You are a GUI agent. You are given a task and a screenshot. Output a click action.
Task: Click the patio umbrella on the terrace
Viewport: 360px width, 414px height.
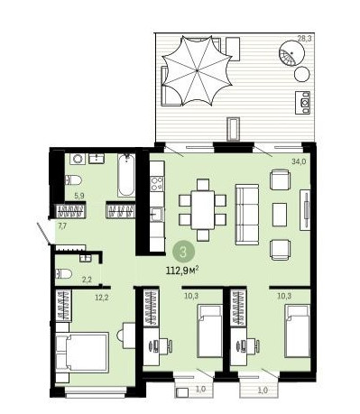(197, 70)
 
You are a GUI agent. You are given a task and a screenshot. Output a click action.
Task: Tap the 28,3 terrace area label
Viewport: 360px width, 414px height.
(304, 38)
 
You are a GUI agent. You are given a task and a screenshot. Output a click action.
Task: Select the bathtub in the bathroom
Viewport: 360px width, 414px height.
(126, 175)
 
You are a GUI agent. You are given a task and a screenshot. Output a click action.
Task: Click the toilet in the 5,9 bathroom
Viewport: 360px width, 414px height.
(73, 180)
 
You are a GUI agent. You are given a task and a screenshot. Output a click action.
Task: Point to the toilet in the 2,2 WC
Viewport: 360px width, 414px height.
(64, 273)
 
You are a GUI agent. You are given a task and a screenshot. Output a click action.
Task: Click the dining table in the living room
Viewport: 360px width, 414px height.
(203, 209)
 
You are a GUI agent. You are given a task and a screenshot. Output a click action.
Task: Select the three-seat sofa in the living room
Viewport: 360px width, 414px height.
(247, 215)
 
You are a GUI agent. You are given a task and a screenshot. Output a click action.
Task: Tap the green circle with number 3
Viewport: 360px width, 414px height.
(183, 252)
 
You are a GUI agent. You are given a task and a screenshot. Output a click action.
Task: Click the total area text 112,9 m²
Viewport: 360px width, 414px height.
(182, 271)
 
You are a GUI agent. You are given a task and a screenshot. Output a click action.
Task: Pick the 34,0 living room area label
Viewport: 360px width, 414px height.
(299, 161)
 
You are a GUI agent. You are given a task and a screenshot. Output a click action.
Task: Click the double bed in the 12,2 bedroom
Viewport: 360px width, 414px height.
(82, 353)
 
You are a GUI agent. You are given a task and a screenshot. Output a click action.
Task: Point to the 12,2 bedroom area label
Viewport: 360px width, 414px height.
(101, 298)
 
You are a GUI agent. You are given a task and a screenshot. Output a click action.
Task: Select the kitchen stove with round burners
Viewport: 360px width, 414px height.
(157, 184)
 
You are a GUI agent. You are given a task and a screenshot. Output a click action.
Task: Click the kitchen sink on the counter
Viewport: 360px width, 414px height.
(157, 215)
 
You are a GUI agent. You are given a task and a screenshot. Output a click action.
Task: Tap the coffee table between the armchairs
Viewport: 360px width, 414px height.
(280, 215)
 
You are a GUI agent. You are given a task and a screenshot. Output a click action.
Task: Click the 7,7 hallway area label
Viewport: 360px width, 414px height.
(62, 226)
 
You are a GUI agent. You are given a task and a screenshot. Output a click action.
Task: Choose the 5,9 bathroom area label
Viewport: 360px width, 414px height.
(79, 196)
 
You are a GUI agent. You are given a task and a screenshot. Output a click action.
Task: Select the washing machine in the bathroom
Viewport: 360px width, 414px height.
(78, 159)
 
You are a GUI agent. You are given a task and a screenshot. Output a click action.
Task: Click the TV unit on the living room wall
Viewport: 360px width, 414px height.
(305, 210)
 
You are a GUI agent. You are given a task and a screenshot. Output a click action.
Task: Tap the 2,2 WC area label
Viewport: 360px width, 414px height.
(87, 280)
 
